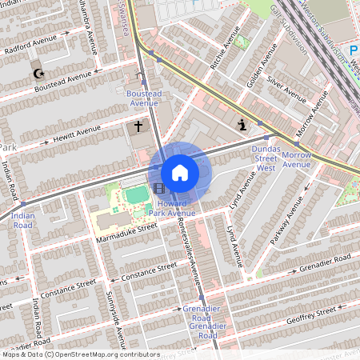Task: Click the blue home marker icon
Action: coord(180,173)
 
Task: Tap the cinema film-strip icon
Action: coord(161,189)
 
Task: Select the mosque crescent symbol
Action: coord(37,74)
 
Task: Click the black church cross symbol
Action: coord(138,126)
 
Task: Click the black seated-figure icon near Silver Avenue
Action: coord(241,123)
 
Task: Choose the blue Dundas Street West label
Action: coord(265,159)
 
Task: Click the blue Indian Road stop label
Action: coord(23,221)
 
